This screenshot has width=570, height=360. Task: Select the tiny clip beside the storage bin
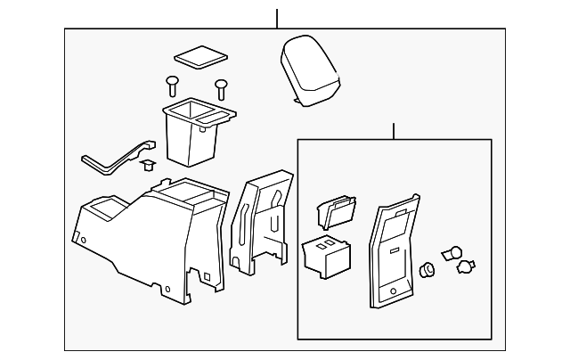149,165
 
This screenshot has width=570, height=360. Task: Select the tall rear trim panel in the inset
391,254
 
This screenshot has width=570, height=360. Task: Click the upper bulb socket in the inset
454,252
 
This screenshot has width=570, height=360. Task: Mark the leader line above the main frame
277,18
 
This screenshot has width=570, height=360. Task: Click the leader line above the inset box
393,131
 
